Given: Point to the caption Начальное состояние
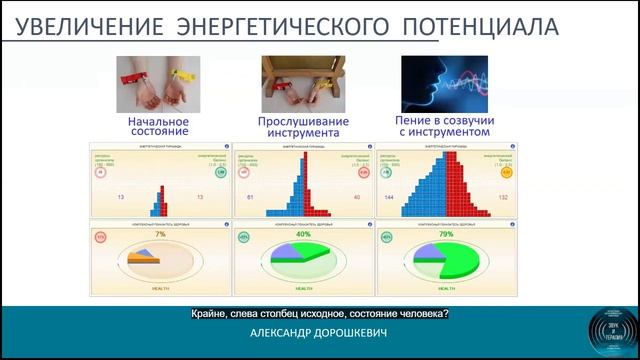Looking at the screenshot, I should click(x=158, y=126).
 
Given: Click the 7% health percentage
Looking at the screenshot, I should click(x=159, y=234).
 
